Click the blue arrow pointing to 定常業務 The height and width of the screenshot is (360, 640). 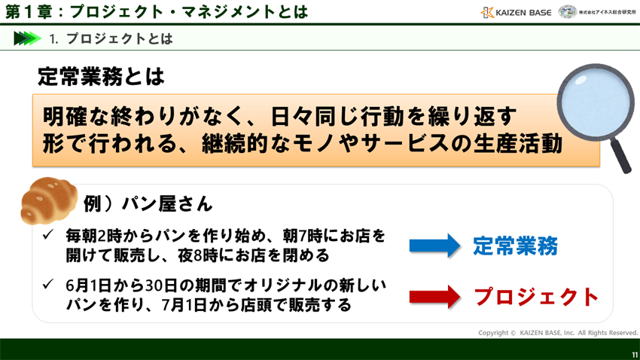pos(434,246)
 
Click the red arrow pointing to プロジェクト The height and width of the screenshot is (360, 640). pos(434,296)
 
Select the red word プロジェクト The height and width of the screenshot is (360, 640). pos(536,297)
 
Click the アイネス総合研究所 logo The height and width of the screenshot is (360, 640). pos(598,12)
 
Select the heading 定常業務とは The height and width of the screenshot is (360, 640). pos(100,76)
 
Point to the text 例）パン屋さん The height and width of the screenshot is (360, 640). pos(148,203)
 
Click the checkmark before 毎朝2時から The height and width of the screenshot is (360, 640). pos(47,236)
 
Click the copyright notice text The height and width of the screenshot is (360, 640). pos(557,332)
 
